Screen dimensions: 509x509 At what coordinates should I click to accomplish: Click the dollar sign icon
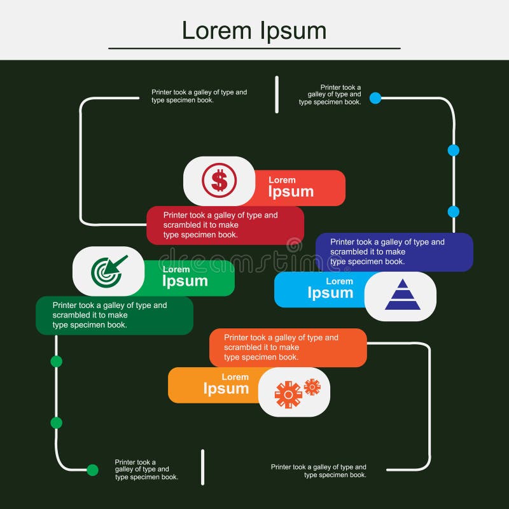click(219, 180)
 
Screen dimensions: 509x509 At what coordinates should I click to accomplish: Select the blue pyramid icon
click(402, 295)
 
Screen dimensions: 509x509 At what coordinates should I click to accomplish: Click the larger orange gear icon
click(288, 394)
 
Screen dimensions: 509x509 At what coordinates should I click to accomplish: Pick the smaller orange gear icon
click(312, 387)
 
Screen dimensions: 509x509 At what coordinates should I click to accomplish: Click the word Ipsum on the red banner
click(291, 192)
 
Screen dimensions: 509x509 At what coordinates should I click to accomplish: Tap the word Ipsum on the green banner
click(185, 281)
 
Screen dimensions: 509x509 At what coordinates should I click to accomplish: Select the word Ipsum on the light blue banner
click(330, 293)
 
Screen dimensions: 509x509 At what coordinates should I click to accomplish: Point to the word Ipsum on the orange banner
click(226, 388)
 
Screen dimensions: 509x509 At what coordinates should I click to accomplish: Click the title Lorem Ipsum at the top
click(254, 30)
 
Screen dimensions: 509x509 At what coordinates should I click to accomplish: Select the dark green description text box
click(114, 316)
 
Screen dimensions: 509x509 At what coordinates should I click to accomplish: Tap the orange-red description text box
click(288, 347)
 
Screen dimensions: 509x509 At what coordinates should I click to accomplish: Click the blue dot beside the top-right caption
click(375, 98)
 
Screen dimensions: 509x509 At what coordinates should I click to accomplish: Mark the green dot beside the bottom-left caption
click(92, 470)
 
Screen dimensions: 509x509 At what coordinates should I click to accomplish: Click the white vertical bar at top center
click(277, 94)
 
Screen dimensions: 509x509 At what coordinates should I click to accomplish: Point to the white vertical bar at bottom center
click(202, 467)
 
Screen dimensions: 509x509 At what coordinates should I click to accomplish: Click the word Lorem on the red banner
click(282, 180)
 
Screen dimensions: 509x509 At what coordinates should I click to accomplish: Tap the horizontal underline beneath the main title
click(254, 48)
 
